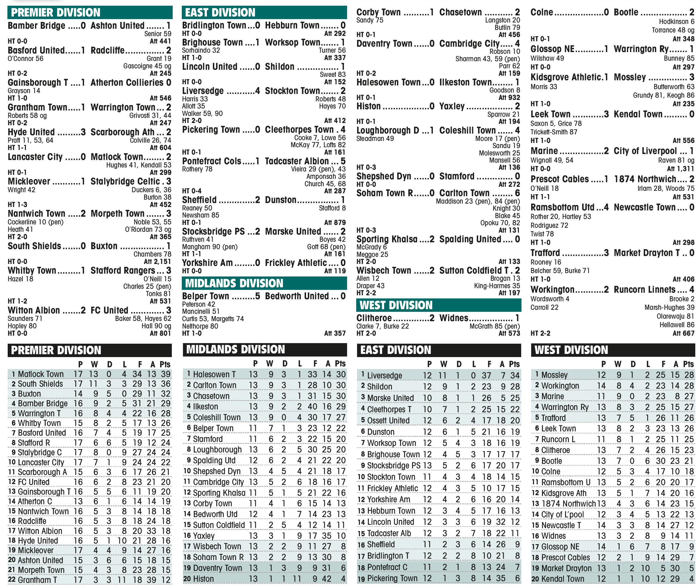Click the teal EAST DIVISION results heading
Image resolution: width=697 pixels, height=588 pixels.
coord(220,13)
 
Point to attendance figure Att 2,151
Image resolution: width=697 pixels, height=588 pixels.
coord(157,262)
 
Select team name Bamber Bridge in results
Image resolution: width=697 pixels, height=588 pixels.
coord(36,26)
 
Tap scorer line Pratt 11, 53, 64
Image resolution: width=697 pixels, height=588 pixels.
coord(30,140)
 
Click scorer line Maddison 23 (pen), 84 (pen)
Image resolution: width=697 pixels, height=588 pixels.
coord(478,201)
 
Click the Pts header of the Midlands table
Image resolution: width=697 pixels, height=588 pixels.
coord(340,363)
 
